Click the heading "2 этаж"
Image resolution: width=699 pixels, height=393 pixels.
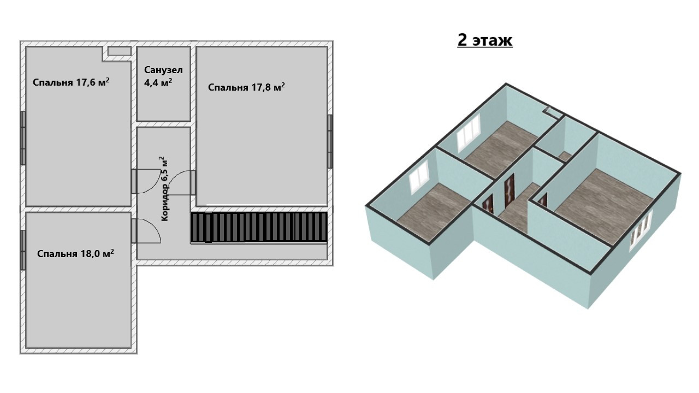pyautogui.click(x=484, y=40)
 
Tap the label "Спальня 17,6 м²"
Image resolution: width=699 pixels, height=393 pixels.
pyautogui.click(x=71, y=82)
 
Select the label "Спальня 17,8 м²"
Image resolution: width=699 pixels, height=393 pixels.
pyautogui.click(x=246, y=87)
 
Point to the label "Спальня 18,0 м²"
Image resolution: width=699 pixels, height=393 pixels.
pyautogui.click(x=75, y=253)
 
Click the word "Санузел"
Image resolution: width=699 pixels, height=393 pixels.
pyautogui.click(x=163, y=70)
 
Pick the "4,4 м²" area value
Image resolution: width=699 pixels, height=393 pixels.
pyautogui.click(x=158, y=82)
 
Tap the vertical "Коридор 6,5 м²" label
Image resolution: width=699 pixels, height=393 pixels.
pyautogui.click(x=164, y=189)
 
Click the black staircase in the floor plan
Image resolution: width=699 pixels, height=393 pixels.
pyautogui.click(x=259, y=227)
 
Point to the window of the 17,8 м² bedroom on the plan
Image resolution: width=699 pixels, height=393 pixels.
pyautogui.click(x=330, y=141)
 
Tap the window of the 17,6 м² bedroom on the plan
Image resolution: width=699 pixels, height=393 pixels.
pyautogui.click(x=23, y=138)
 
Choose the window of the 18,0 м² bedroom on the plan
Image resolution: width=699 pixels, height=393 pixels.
pyautogui.click(x=23, y=250)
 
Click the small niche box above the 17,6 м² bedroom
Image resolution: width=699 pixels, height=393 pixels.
pyautogui.click(x=119, y=51)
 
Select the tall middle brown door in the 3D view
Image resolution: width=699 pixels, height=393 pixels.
pyautogui.click(x=510, y=190)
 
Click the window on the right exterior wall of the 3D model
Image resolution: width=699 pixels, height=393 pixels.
pyautogui.click(x=641, y=230)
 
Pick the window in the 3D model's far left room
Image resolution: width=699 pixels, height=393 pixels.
pyautogui.click(x=468, y=133)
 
